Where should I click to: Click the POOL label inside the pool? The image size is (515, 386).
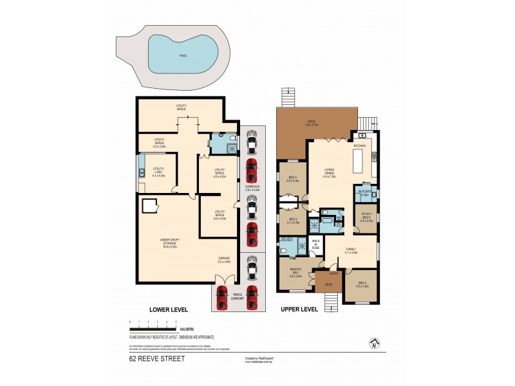[x=182, y=55]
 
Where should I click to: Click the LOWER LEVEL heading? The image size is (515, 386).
[x=168, y=309]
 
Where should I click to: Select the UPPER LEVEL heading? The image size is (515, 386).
[x=299, y=309]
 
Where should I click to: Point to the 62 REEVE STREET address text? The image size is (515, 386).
[x=157, y=359]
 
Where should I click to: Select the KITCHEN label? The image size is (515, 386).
[x=359, y=146]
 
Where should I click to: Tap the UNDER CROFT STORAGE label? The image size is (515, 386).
[x=169, y=244]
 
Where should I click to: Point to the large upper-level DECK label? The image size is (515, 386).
[x=312, y=123]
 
